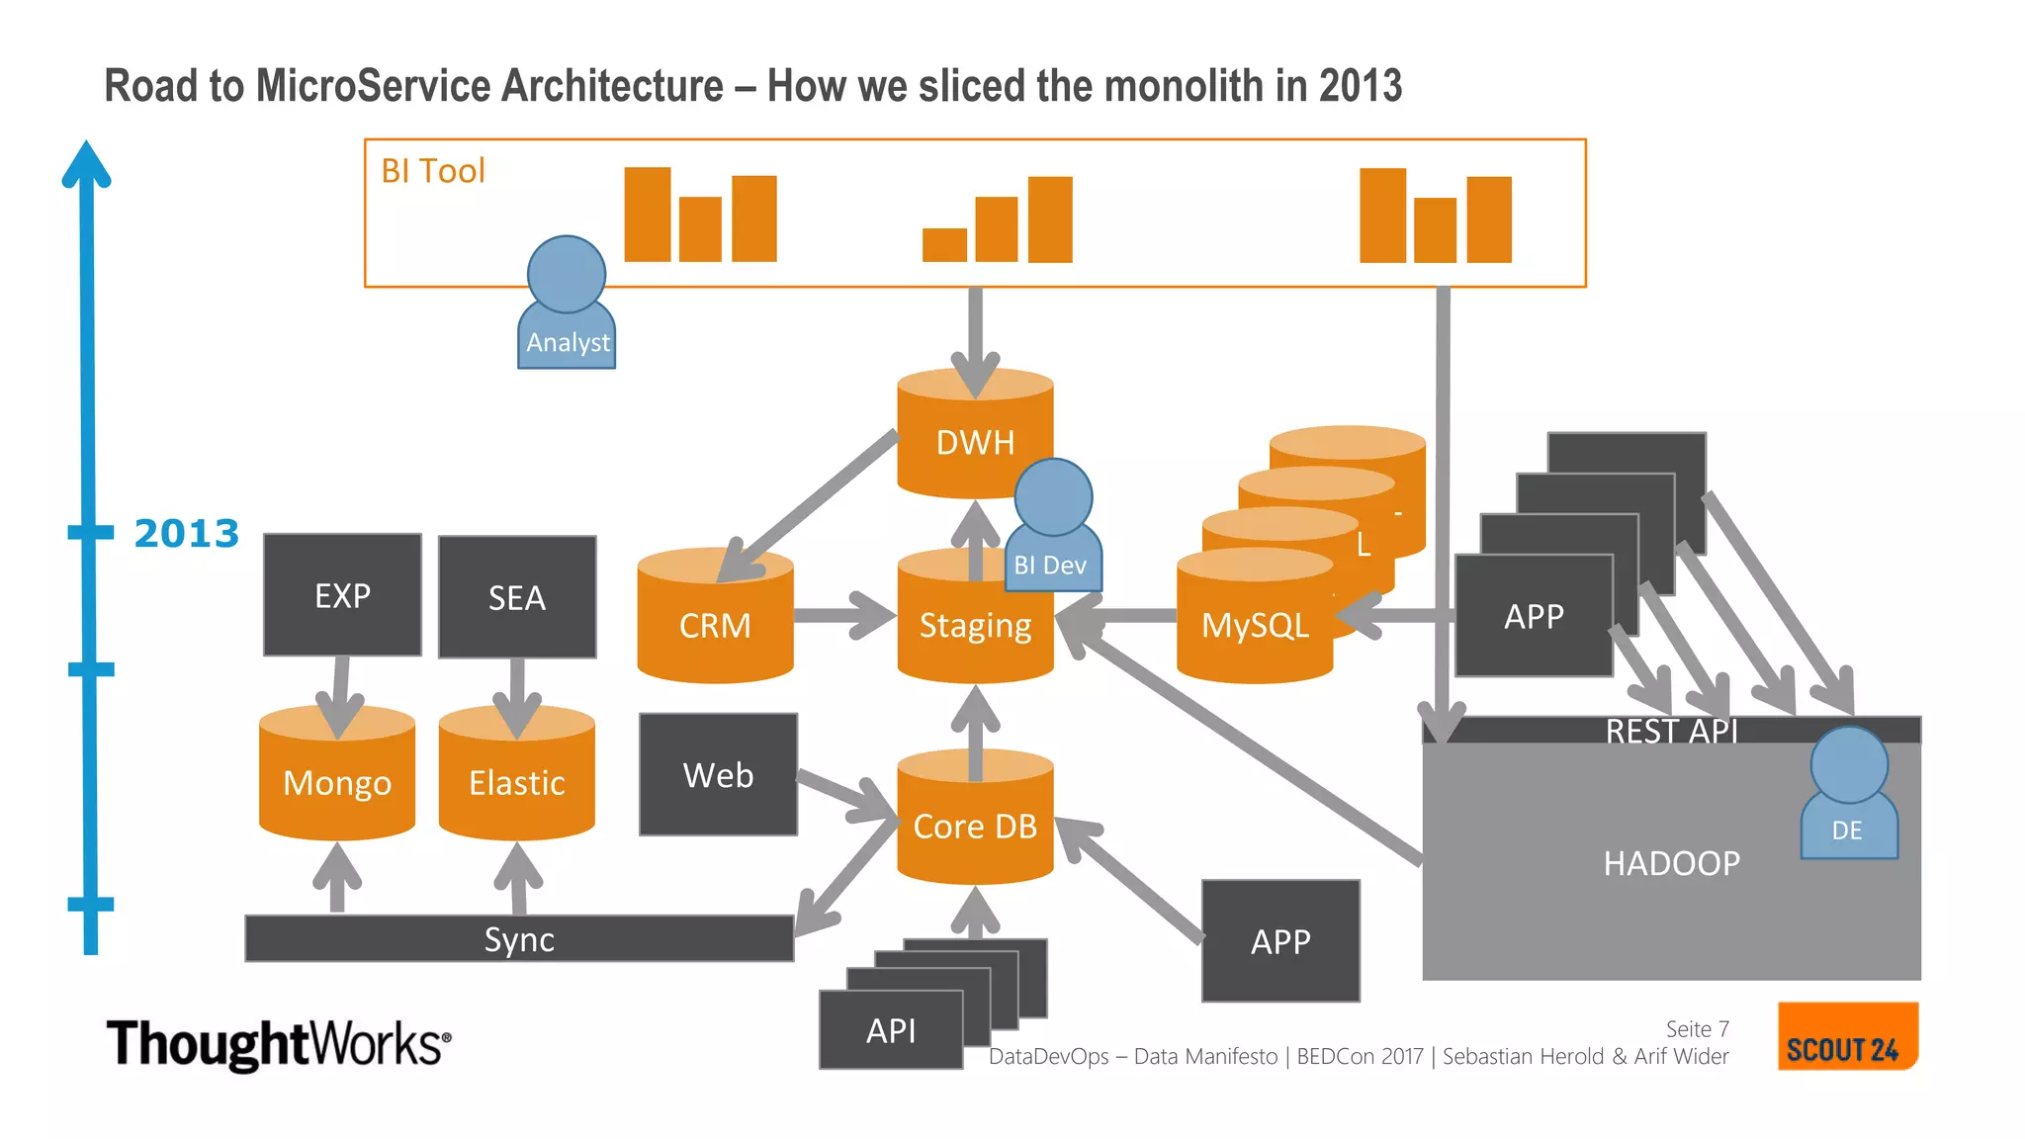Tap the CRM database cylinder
[x=715, y=628]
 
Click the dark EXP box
[x=342, y=595]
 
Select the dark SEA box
[x=517, y=597]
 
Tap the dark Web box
[x=718, y=775]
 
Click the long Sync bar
[x=519, y=938]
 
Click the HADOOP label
[x=1671, y=863]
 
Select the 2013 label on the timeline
[x=186, y=534]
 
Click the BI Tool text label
[x=433, y=171]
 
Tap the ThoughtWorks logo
[x=278, y=1044]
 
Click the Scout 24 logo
[x=1846, y=1037]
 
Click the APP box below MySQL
[x=1280, y=941]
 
